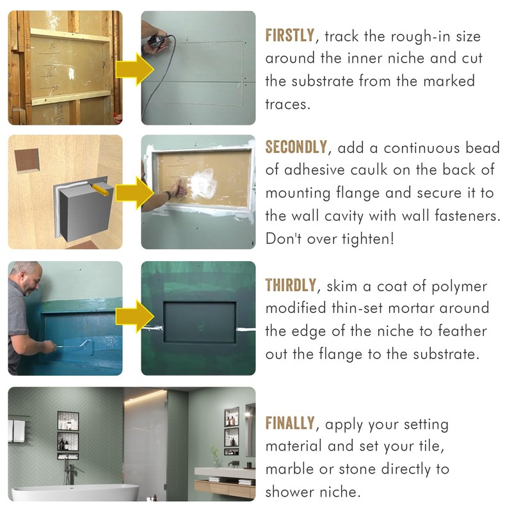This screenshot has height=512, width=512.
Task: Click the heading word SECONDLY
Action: [x=295, y=148]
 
